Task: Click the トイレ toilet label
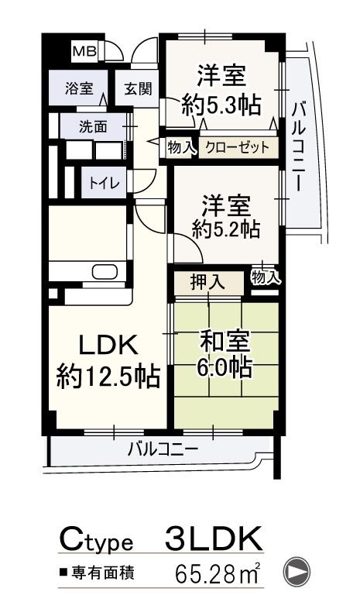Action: [x=98, y=184]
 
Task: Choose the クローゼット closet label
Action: [x=238, y=147]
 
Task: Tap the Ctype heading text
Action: [x=98, y=539]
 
